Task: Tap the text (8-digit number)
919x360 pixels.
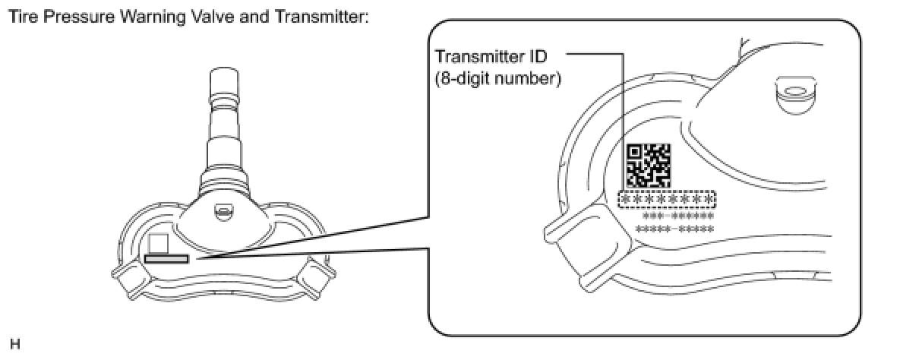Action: (497, 78)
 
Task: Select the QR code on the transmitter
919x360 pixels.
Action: (648, 164)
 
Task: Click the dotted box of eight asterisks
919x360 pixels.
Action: (668, 199)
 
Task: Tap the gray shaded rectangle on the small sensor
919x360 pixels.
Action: (166, 258)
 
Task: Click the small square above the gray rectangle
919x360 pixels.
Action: (158, 243)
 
